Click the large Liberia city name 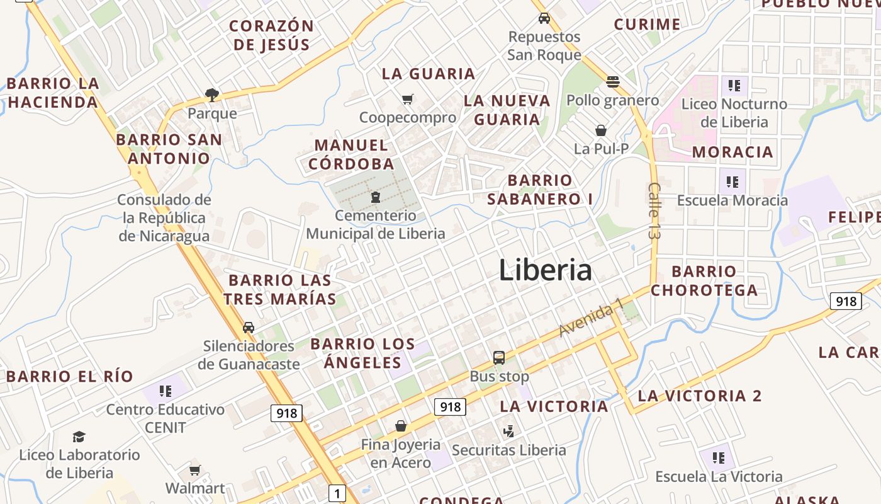tap(545, 270)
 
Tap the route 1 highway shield tap(337, 493)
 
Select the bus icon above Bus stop tap(499, 358)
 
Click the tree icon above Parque tap(212, 95)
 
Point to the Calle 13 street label tap(654, 210)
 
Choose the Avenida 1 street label tap(591, 318)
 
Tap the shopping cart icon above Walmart tap(195, 470)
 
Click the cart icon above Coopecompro tap(408, 99)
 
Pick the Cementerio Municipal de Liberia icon tap(376, 197)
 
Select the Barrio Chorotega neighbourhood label tap(704, 281)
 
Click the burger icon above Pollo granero tap(613, 81)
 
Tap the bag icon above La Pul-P tap(601, 130)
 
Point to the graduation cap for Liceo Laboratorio tap(79, 437)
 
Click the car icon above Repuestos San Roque tap(544, 18)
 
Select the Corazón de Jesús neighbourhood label tap(272, 35)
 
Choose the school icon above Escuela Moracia tap(732, 182)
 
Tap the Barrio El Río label tap(70, 377)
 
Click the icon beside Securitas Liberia tap(509, 432)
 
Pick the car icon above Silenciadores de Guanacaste tap(249, 328)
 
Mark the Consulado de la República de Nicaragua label tap(164, 218)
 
